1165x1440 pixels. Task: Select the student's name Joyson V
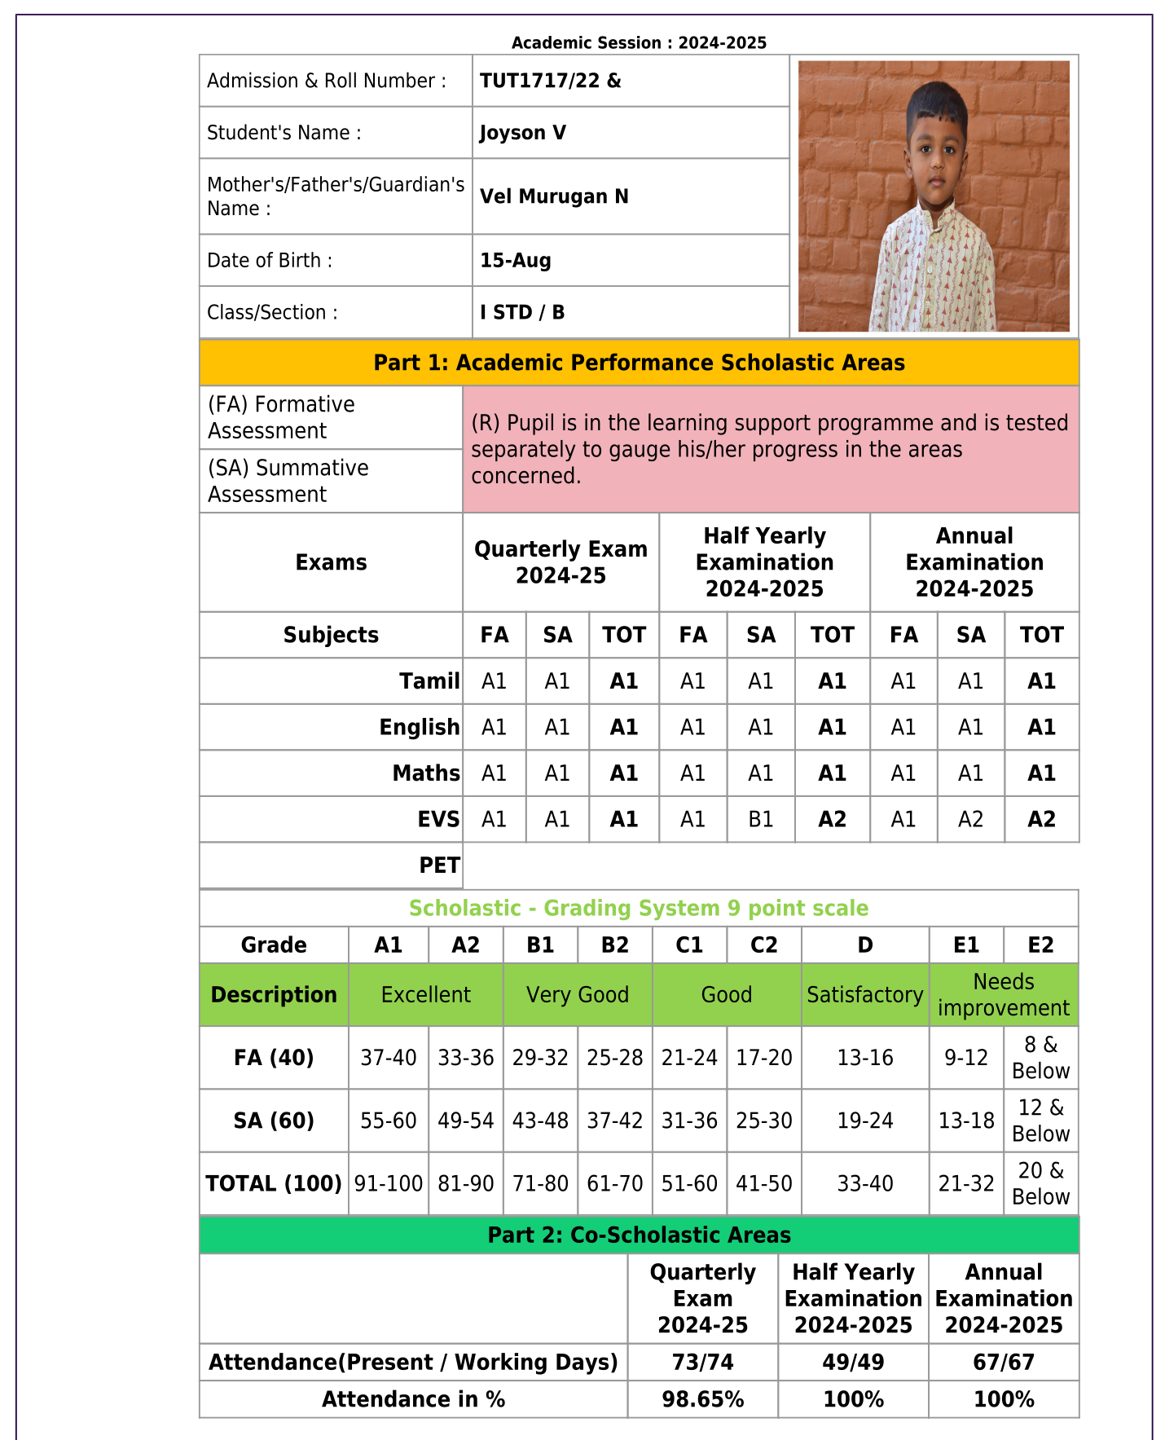click(x=523, y=133)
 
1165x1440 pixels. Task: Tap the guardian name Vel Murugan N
click(x=554, y=196)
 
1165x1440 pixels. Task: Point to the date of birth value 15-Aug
click(x=516, y=261)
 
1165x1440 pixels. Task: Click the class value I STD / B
click(x=522, y=312)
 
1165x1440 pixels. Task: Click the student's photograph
click(x=934, y=196)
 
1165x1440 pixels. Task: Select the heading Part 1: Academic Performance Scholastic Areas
click(x=639, y=363)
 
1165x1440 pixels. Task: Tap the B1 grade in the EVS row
click(x=761, y=819)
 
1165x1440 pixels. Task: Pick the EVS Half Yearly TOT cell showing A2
click(x=832, y=819)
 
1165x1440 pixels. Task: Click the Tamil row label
click(x=429, y=681)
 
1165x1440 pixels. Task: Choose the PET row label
click(x=439, y=865)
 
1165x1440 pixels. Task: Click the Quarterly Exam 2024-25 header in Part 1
click(x=561, y=562)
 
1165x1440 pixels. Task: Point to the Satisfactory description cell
click(x=865, y=995)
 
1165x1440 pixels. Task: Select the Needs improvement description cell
click(x=1004, y=995)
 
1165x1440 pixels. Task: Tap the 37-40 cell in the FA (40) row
click(x=389, y=1058)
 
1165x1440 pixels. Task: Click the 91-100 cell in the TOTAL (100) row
click(x=389, y=1183)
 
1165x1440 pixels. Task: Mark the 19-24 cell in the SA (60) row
click(x=865, y=1121)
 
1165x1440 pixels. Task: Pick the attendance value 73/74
click(x=702, y=1363)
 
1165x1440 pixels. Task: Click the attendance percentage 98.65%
click(x=702, y=1399)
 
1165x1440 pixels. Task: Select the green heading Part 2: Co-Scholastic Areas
click(x=639, y=1235)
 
